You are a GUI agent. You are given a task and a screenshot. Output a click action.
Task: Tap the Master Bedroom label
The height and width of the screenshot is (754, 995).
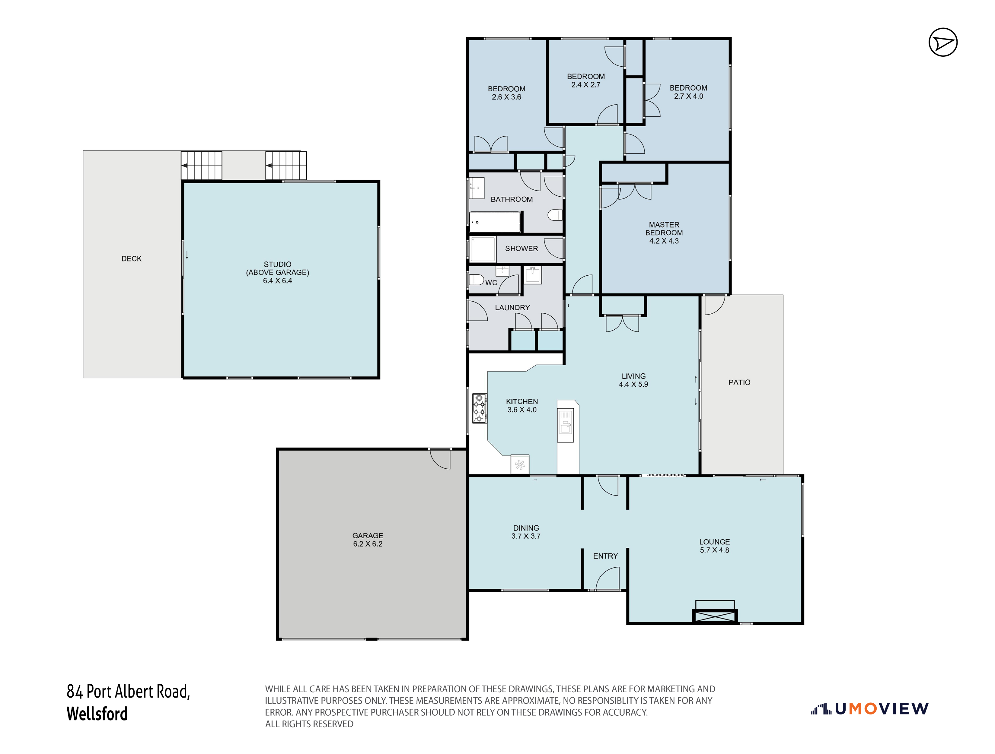[x=664, y=233]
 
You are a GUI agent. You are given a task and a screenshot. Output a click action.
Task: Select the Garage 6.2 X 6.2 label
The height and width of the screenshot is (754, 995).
[x=368, y=540]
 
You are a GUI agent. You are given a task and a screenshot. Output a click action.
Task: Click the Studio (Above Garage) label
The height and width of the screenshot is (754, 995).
[x=278, y=272]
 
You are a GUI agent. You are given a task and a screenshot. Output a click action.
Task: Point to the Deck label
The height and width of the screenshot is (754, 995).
[x=131, y=258]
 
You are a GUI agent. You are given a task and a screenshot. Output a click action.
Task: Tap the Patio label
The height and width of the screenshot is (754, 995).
[x=739, y=382]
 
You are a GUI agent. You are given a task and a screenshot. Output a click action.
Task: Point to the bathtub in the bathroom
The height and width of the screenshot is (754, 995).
[x=495, y=222]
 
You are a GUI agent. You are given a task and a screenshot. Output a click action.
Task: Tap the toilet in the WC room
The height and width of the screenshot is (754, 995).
[x=476, y=279]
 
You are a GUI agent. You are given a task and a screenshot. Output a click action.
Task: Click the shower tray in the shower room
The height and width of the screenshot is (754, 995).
[x=483, y=249]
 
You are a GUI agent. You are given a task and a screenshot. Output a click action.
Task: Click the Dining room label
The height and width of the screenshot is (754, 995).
[x=526, y=532]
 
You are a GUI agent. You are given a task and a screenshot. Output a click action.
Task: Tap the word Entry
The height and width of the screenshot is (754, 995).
[x=605, y=556]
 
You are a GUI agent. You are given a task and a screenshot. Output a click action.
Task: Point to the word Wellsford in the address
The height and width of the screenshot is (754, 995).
[x=97, y=714]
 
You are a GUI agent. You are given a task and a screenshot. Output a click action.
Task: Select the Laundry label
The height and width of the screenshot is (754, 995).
[x=512, y=308]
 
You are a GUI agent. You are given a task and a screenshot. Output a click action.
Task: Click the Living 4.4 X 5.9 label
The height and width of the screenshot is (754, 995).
[x=633, y=380]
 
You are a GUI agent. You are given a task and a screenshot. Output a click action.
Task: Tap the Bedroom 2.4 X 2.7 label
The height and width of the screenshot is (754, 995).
[x=586, y=81]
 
